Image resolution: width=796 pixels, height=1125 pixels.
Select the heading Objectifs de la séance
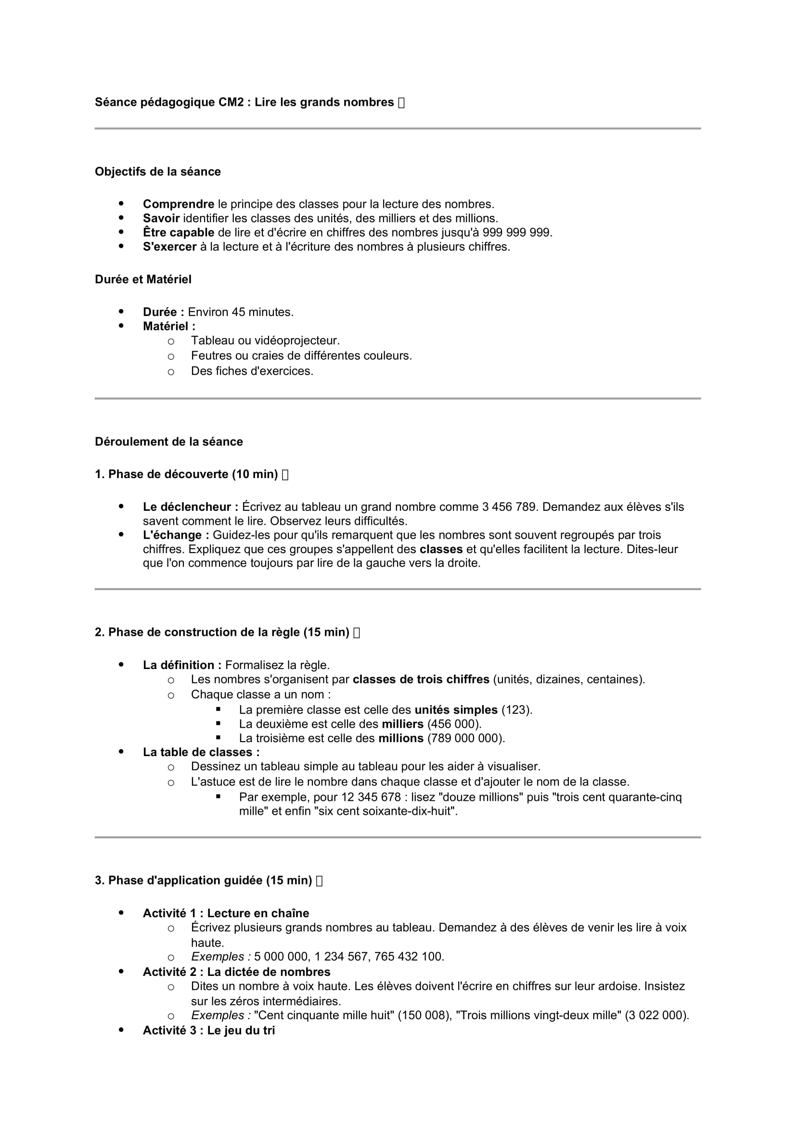pos(157,172)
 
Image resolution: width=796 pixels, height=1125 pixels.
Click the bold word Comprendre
pos(179,204)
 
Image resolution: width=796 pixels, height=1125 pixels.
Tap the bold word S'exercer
pos(169,246)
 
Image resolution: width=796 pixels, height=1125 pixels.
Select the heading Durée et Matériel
pos(142,279)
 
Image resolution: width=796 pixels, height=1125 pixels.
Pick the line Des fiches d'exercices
pos(252,371)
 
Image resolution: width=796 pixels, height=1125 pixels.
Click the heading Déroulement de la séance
pos(168,442)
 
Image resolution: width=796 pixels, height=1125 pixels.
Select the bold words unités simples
pos(456,709)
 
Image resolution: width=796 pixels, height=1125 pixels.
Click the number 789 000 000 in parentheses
pos(466,738)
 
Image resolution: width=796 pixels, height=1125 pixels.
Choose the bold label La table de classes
pos(201,752)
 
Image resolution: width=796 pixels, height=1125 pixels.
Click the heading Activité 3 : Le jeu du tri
pos(208,1030)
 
